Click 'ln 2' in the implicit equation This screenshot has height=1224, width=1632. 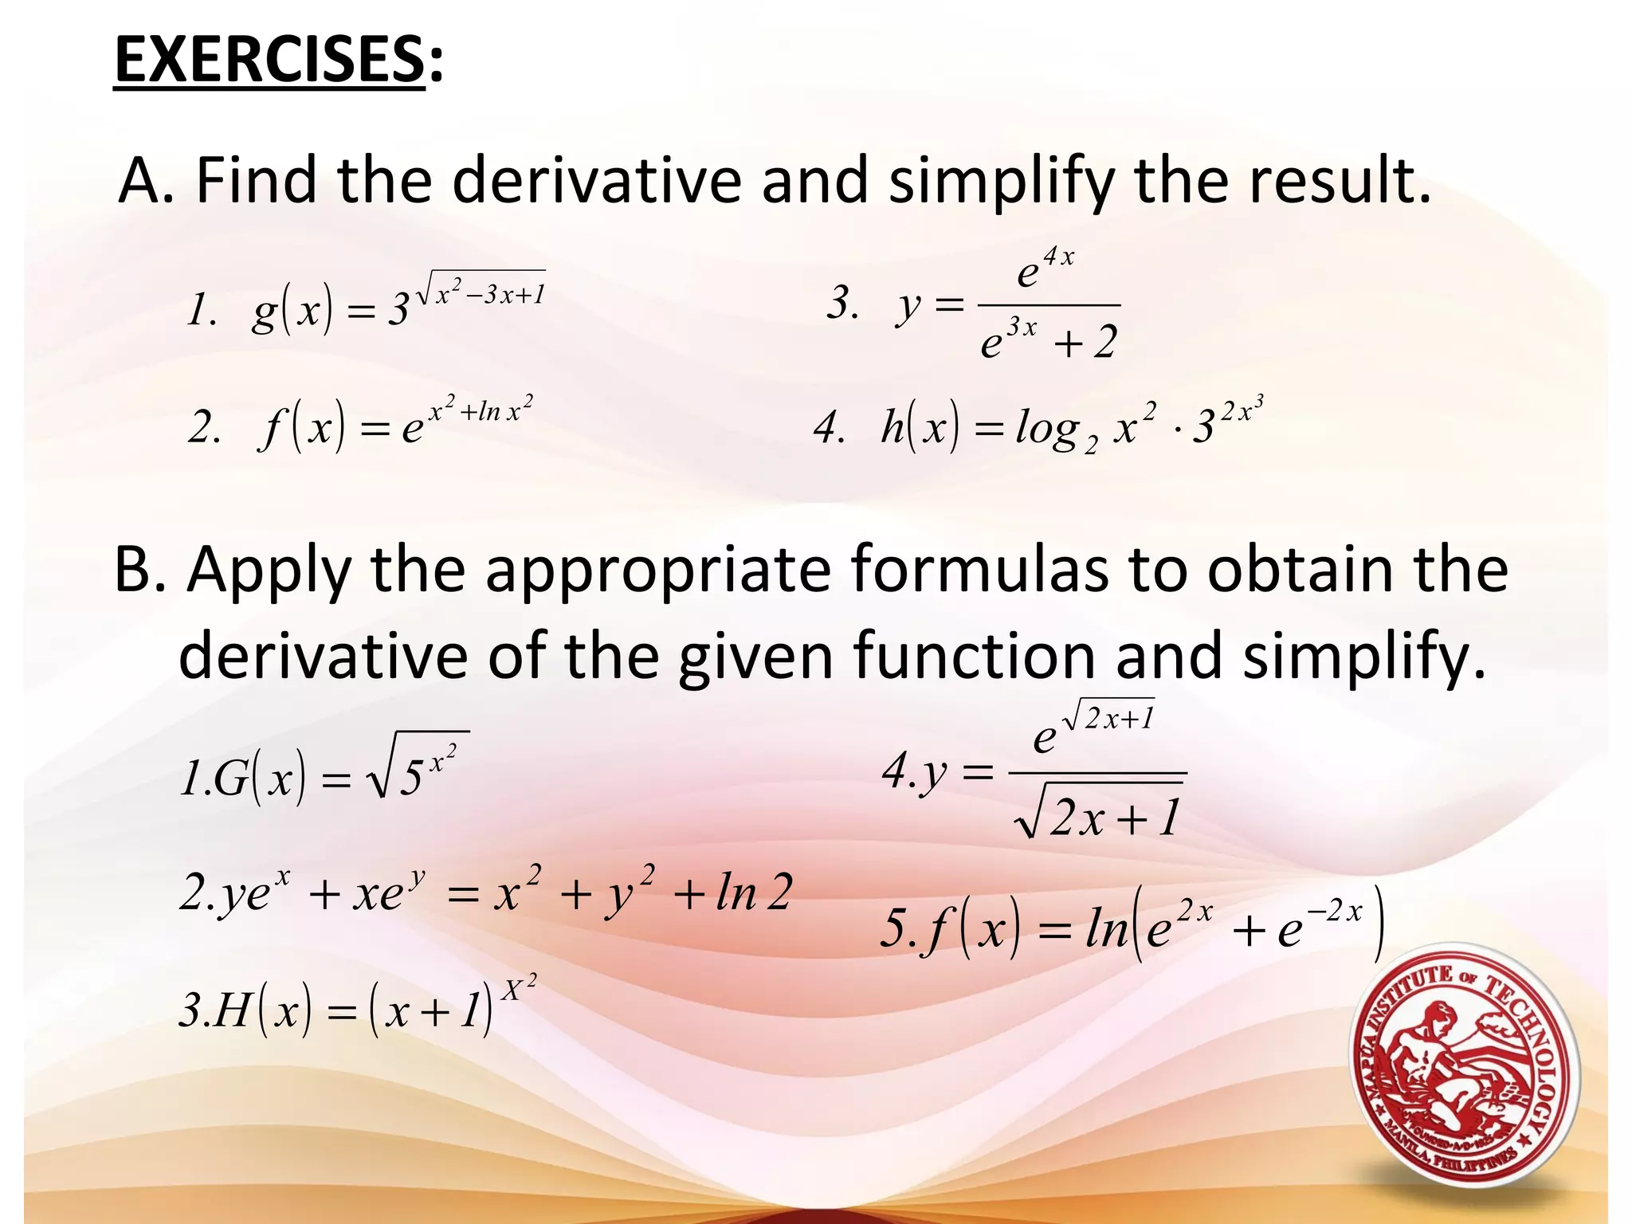pyautogui.click(x=754, y=892)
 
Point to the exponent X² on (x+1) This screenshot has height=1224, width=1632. pyautogui.click(x=519, y=989)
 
